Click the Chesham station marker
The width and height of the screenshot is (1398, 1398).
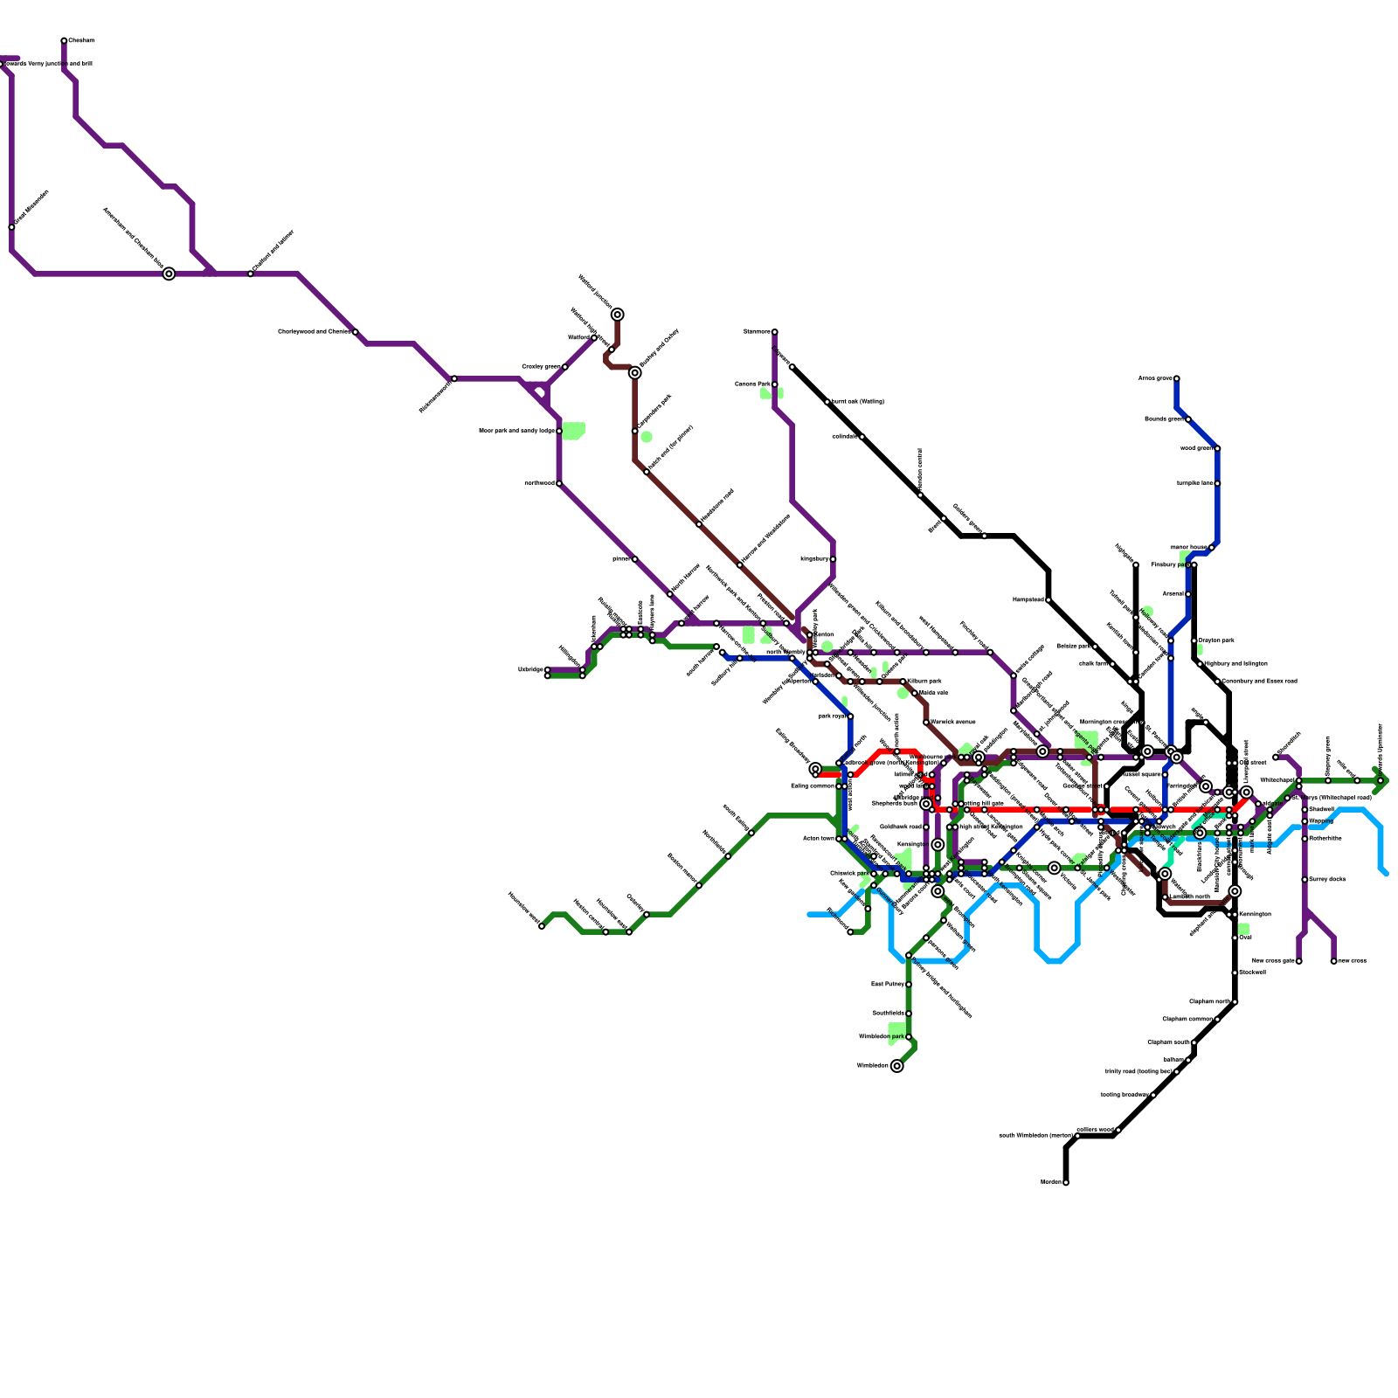pyautogui.click(x=64, y=41)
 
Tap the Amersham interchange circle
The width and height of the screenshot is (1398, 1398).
pyautogui.click(x=169, y=273)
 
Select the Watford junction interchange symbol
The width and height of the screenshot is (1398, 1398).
pyautogui.click(x=618, y=315)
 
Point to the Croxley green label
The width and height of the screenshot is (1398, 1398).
pyautogui.click(x=541, y=366)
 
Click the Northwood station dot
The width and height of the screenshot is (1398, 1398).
pyautogui.click(x=559, y=483)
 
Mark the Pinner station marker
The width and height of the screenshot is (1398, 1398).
pyautogui.click(x=634, y=559)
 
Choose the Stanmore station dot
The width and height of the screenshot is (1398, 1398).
pyautogui.click(x=774, y=332)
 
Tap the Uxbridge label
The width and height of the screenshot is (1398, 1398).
pyautogui.click(x=529, y=669)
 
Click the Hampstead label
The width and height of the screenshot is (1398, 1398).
pyautogui.click(x=1028, y=600)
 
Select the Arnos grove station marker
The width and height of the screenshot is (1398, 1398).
pyautogui.click(x=1177, y=378)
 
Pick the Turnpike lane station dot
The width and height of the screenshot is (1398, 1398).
pyautogui.click(x=1217, y=483)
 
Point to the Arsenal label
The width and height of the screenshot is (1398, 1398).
pyautogui.click(x=1173, y=594)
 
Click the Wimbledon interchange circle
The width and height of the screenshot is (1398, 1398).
pyautogui.click(x=896, y=1066)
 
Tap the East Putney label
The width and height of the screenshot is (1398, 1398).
pyautogui.click(x=887, y=985)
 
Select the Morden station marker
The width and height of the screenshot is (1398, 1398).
pyautogui.click(x=1066, y=1182)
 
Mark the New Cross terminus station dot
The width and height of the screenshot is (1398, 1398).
pyautogui.click(x=1333, y=961)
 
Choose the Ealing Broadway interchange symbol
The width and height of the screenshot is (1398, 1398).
pyautogui.click(x=815, y=769)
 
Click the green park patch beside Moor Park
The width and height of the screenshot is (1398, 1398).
pyautogui.click(x=573, y=430)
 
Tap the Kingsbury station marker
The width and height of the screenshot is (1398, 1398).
pyautogui.click(x=833, y=559)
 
